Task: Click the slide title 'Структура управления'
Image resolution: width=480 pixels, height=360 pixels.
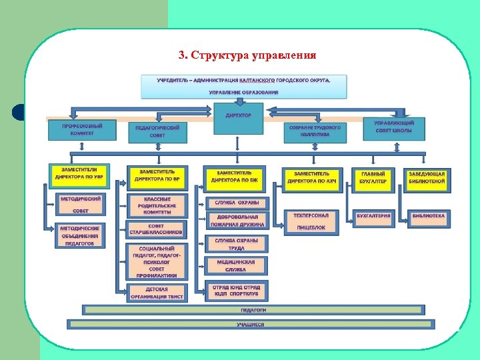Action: point(247,55)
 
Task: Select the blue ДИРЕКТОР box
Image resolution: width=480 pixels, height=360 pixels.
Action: point(238,119)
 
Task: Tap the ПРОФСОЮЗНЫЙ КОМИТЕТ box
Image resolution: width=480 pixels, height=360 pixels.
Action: point(81,129)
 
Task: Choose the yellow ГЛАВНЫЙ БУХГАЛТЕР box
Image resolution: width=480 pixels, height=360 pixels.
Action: point(372,177)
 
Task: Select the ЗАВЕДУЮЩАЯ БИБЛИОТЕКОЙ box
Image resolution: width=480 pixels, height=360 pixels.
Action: point(427,177)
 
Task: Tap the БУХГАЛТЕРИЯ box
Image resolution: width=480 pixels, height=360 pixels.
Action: point(373,216)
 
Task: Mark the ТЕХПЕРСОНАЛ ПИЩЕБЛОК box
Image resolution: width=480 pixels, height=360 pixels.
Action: point(311,221)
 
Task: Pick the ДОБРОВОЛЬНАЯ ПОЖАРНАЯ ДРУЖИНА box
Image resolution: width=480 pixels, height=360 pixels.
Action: point(237,221)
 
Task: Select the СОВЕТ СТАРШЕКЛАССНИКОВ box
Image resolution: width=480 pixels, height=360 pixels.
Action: point(156,229)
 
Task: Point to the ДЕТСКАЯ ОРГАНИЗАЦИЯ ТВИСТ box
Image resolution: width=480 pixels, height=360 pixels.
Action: point(157,293)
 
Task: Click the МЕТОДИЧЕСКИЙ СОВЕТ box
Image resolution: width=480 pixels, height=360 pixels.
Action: point(81,204)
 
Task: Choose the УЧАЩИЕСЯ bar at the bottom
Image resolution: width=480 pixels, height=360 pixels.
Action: point(251,325)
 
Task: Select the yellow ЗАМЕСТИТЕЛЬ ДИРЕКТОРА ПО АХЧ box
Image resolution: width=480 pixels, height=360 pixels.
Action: point(311,177)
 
